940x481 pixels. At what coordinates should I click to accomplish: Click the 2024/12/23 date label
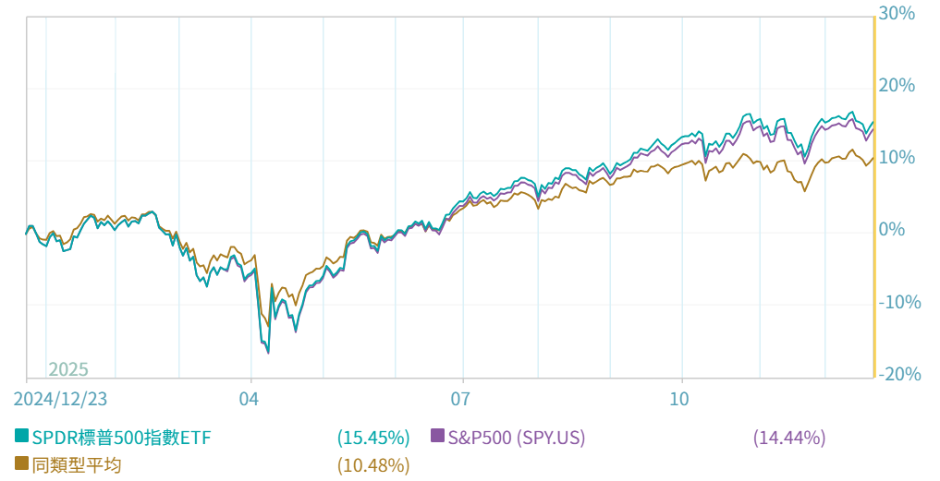[x=60, y=399]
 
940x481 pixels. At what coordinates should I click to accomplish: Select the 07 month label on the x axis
[x=461, y=399]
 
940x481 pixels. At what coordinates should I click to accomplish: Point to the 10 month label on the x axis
[x=680, y=399]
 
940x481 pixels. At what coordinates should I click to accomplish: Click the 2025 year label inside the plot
[x=68, y=369]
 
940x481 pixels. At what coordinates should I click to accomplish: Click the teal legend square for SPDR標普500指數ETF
[x=21, y=436]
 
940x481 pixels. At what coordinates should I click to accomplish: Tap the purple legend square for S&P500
[x=438, y=436]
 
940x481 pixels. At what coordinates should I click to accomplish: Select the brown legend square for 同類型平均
[x=21, y=463]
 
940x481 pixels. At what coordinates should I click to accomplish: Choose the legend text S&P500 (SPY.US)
[x=517, y=438]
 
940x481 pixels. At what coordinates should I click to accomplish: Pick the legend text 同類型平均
[x=76, y=465]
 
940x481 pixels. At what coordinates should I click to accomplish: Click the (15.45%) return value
[x=373, y=438]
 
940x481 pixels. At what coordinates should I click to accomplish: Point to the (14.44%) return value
[x=789, y=438]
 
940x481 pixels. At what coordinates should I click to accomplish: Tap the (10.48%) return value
[x=373, y=465]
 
